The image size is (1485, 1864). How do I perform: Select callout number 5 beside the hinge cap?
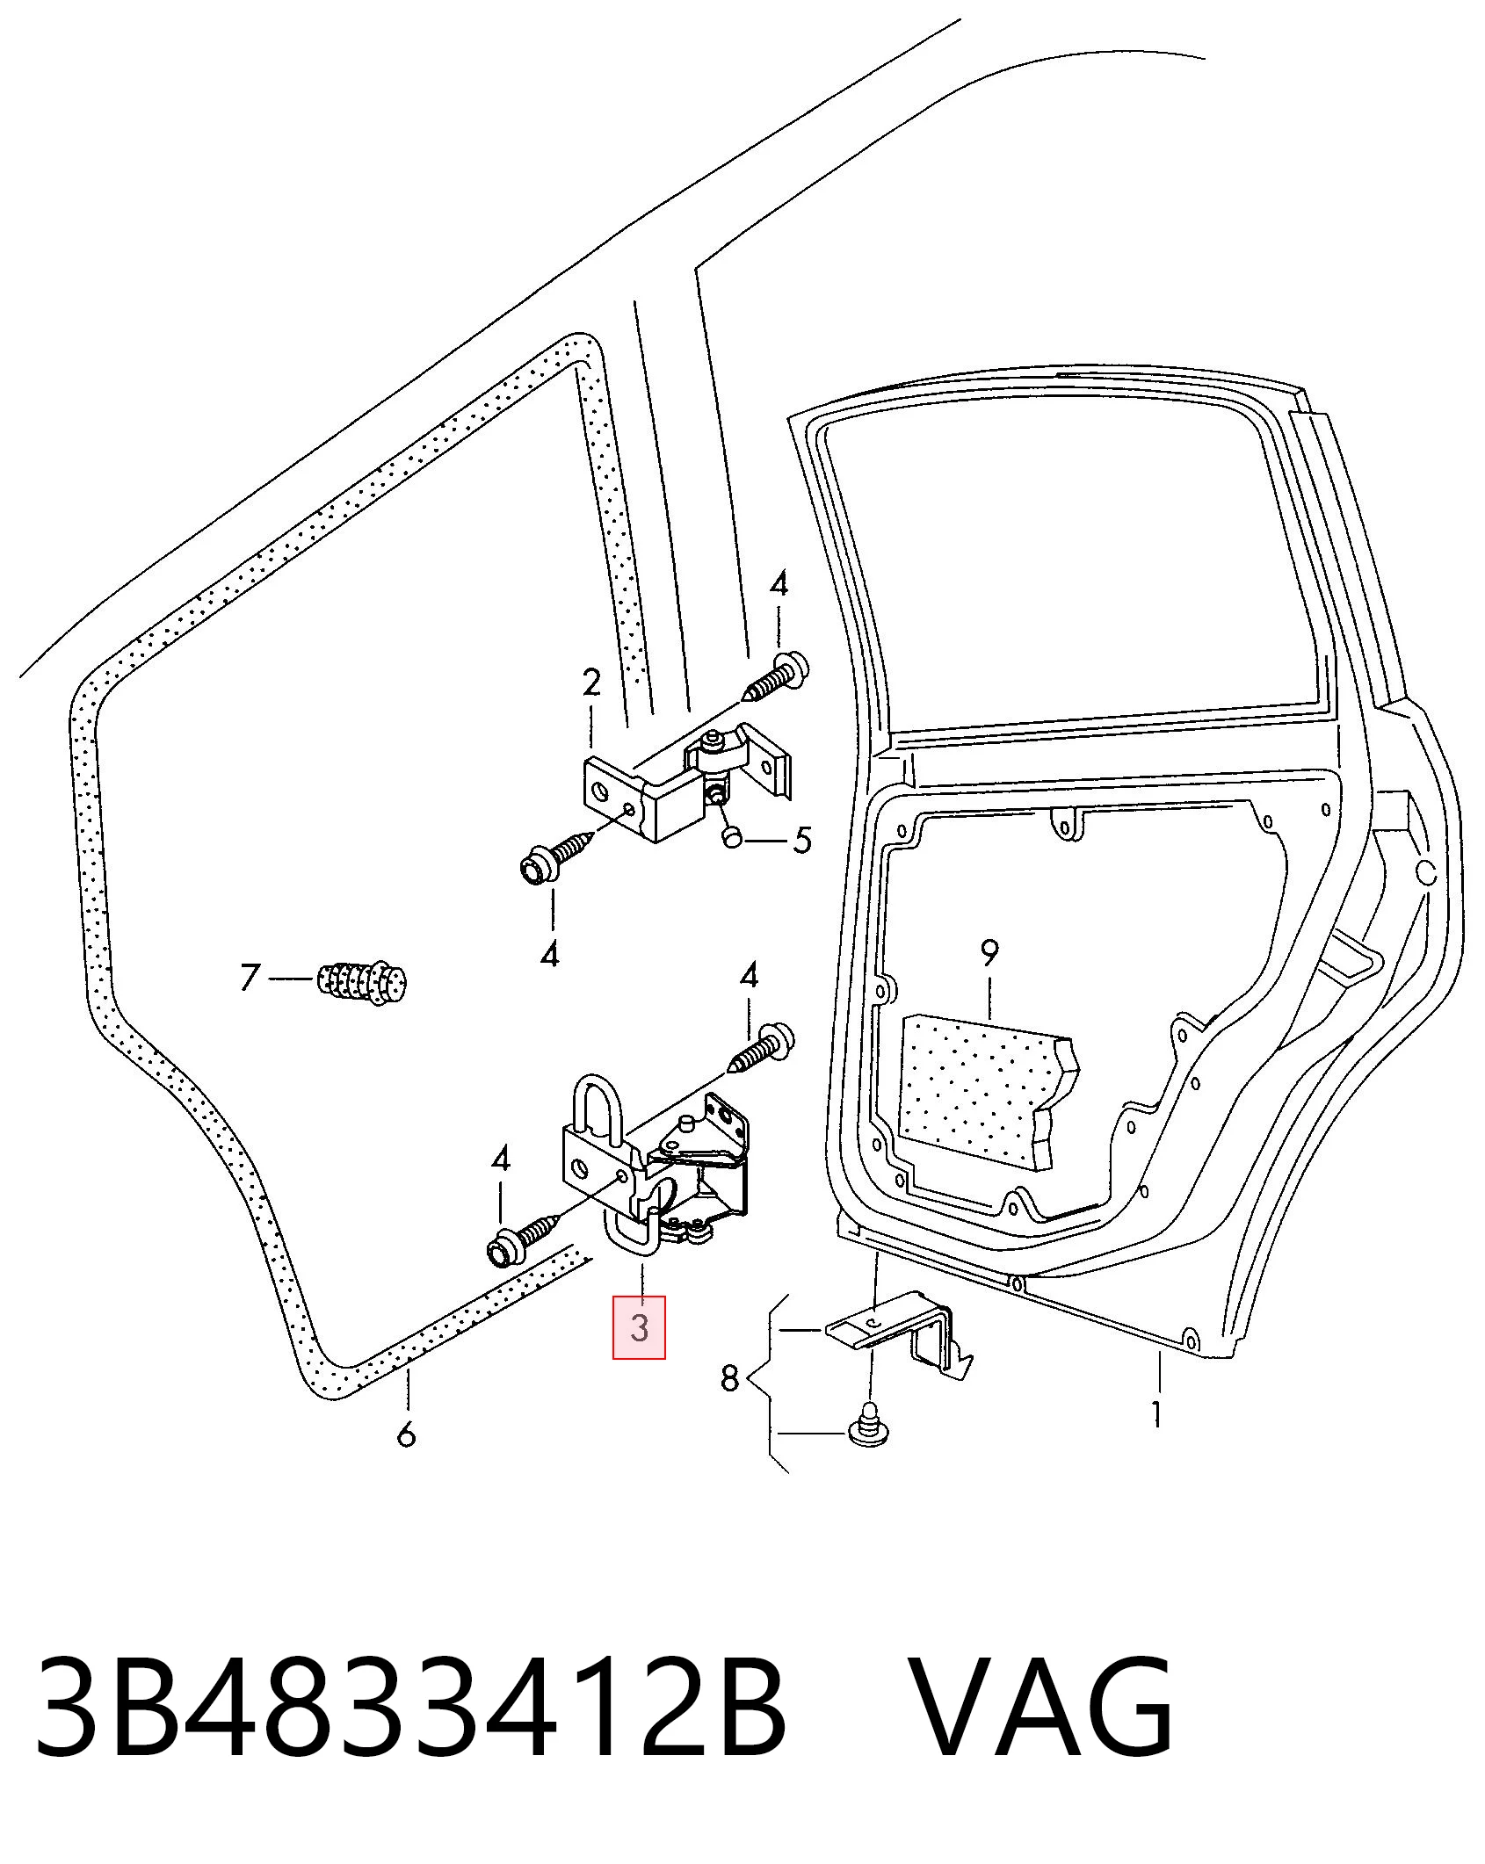point(802,840)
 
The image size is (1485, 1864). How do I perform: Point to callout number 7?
point(250,978)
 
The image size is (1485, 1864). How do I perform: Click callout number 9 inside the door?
point(989,952)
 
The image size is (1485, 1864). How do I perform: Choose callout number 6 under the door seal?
point(405,1435)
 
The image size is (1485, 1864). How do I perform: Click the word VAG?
point(1042,1703)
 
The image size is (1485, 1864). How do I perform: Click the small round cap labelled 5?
point(733,837)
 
